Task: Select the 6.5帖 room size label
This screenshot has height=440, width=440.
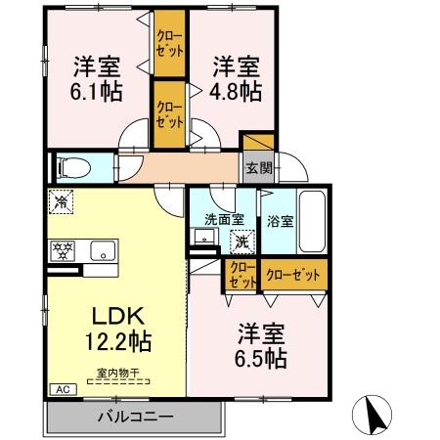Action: [259, 356]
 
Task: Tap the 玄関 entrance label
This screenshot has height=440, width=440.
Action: [258, 167]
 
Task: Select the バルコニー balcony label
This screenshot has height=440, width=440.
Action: [135, 417]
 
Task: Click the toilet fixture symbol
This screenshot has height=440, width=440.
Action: [73, 167]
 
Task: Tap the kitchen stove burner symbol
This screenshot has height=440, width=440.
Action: [63, 249]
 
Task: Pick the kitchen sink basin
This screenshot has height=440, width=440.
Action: [101, 250]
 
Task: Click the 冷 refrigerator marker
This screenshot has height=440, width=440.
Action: [61, 204]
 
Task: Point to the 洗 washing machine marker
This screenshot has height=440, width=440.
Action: [239, 241]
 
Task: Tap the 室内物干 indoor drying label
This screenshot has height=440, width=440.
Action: [118, 372]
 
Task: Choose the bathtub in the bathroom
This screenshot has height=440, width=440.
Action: [313, 219]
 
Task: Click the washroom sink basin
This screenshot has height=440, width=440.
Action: [204, 237]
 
